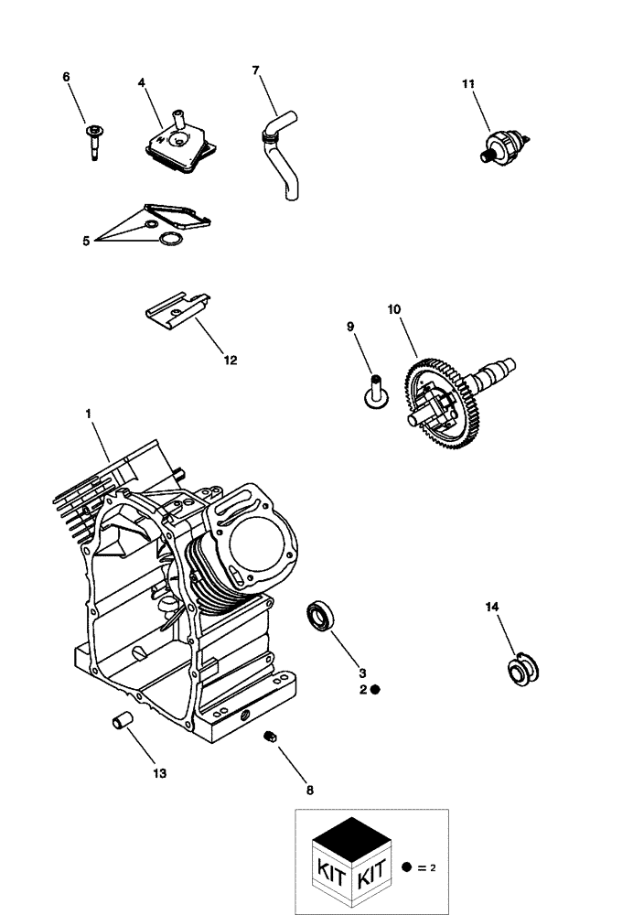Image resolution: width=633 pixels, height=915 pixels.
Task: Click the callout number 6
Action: (x=66, y=78)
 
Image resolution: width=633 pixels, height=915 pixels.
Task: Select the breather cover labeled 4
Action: (x=181, y=146)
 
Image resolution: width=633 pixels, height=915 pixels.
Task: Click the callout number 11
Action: (x=468, y=84)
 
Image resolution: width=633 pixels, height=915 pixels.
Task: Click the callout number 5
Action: (x=86, y=241)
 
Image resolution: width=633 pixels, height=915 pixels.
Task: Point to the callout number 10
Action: (x=393, y=310)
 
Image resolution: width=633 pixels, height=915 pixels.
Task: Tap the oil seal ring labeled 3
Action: (x=320, y=614)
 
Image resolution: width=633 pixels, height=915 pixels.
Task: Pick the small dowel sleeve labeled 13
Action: (x=121, y=721)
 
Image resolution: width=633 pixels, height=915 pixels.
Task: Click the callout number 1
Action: (x=89, y=414)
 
